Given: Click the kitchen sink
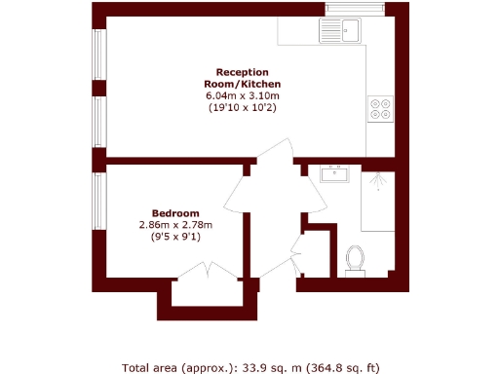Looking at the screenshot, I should click(x=342, y=30).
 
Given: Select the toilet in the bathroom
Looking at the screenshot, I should click(x=356, y=260).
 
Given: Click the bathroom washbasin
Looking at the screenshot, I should click(x=334, y=174).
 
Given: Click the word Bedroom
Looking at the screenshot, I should click(x=175, y=213).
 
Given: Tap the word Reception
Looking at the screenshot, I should click(x=242, y=72).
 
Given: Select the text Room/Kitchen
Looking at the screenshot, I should click(x=242, y=84).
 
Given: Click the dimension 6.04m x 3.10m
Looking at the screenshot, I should click(x=242, y=95).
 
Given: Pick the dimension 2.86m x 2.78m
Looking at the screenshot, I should click(x=175, y=225).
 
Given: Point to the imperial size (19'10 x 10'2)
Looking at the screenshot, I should click(x=242, y=107).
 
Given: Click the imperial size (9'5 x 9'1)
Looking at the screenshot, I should click(x=175, y=237).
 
